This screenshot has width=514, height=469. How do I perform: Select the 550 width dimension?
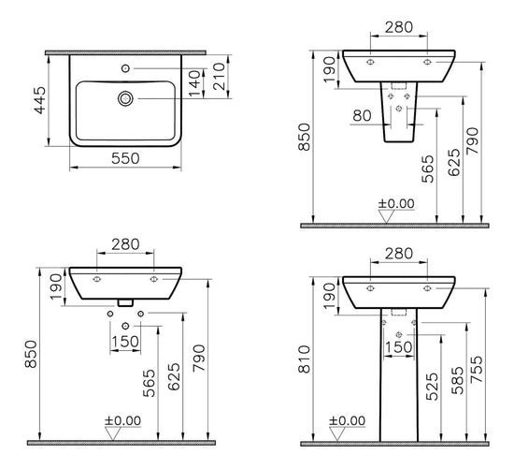coord(125,158)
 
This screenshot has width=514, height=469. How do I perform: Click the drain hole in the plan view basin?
coord(125,97)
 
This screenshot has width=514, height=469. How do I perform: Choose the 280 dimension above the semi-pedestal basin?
coord(399,27)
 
